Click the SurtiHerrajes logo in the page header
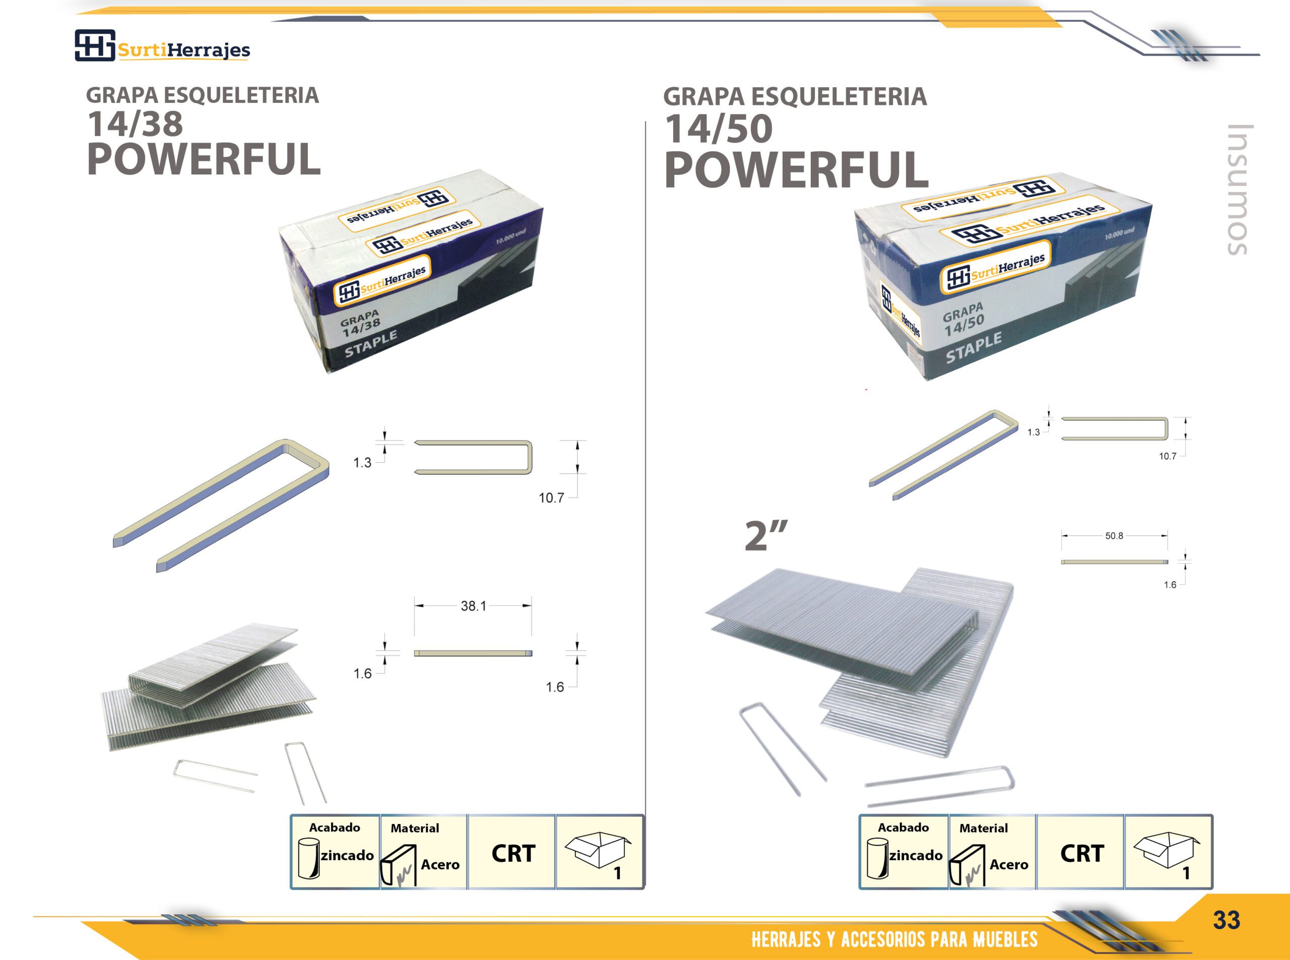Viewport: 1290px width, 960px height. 163,45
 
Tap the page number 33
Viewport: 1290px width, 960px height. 1226,920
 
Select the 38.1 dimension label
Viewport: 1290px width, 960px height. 473,606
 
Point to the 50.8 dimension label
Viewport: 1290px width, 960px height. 1114,536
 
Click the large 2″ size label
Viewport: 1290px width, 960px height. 766,535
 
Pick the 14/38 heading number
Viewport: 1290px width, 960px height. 135,124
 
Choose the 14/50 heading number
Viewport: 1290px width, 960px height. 719,129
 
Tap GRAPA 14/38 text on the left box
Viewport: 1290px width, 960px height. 361,324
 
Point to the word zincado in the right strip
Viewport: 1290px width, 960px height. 916,855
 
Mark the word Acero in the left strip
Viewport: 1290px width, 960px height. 440,865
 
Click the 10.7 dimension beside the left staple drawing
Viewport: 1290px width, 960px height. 551,498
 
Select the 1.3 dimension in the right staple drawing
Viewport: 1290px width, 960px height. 1033,432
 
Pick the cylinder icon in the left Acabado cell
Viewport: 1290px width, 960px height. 308,858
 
